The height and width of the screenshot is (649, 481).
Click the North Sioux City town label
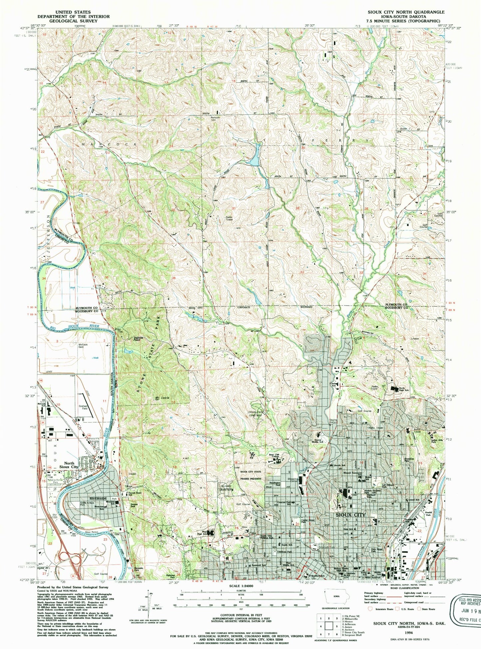click(69, 465)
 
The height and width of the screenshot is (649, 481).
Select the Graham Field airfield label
click(83, 408)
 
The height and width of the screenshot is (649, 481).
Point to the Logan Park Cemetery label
click(255, 414)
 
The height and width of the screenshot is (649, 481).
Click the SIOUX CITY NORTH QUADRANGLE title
click(406, 12)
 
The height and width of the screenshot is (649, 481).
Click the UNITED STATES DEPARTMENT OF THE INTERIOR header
click(73, 16)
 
